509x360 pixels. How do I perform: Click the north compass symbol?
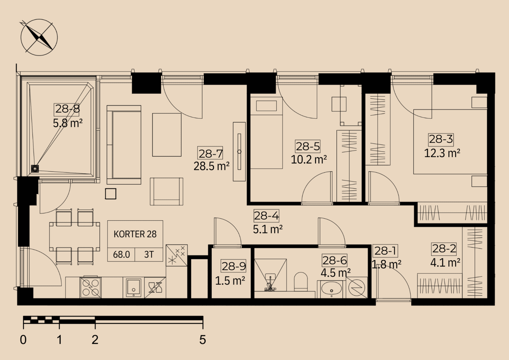(x=39, y=37)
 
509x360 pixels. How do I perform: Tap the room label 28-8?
(x=68, y=109)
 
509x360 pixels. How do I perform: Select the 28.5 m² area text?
(x=211, y=166)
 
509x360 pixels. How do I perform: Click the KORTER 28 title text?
(x=135, y=234)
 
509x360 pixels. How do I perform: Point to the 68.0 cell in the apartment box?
(x=121, y=255)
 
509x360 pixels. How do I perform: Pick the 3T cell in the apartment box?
(x=149, y=255)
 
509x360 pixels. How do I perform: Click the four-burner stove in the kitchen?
(x=90, y=287)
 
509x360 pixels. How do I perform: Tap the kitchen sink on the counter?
(x=134, y=287)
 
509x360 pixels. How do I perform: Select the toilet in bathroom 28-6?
(x=301, y=281)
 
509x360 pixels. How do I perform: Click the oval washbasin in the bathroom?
(x=331, y=288)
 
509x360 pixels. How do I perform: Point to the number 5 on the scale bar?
(x=202, y=340)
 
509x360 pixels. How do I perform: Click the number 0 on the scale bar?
(x=23, y=340)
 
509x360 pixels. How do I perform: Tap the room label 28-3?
(x=441, y=139)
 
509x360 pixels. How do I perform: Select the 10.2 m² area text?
(x=309, y=159)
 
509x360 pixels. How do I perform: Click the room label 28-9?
(x=234, y=267)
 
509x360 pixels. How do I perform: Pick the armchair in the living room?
(x=167, y=191)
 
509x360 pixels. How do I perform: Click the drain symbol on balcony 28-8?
(x=35, y=169)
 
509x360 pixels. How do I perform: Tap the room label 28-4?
(x=266, y=216)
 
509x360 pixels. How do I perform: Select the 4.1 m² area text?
(x=445, y=263)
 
